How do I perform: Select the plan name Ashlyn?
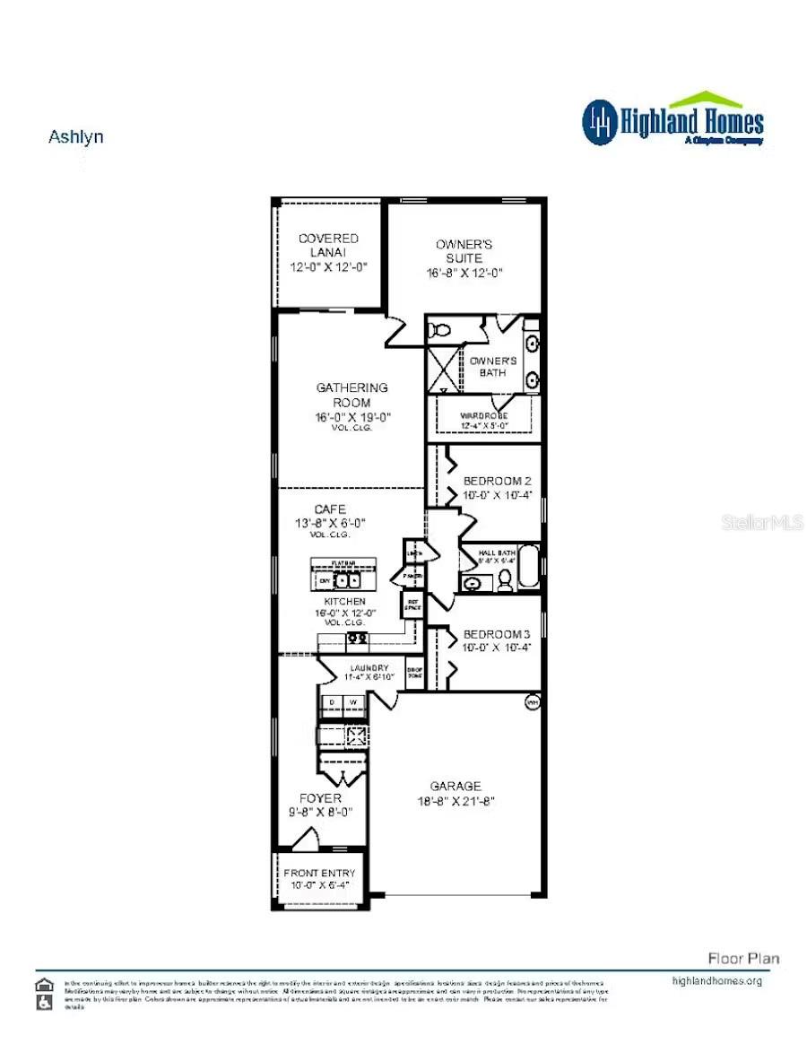pyautogui.click(x=75, y=137)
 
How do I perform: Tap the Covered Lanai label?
pyautogui.click(x=328, y=246)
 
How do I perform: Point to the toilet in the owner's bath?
pyautogui.click(x=439, y=330)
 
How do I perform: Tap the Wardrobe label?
pyautogui.click(x=484, y=416)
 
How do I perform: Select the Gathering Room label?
pyautogui.click(x=352, y=395)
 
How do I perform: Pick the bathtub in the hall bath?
pyautogui.click(x=530, y=568)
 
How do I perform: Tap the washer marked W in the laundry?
pyautogui.click(x=354, y=701)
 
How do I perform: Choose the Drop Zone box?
pyautogui.click(x=414, y=675)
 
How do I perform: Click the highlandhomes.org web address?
pyautogui.click(x=716, y=980)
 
